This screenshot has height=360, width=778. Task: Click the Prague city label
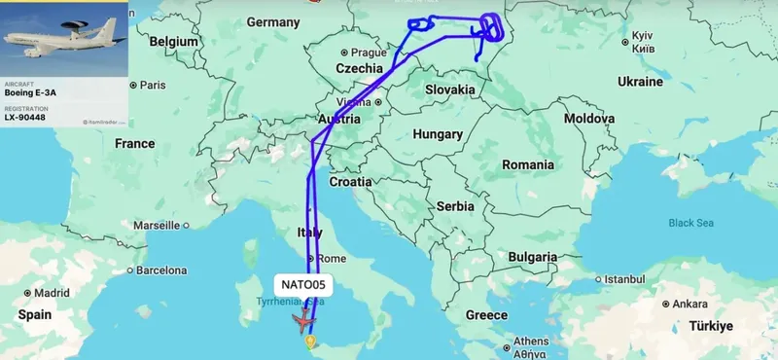(369, 53)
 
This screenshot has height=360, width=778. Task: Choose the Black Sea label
(690, 223)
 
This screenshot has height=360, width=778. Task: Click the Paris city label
(151, 85)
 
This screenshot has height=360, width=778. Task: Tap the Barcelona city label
(161, 270)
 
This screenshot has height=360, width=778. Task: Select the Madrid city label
(52, 292)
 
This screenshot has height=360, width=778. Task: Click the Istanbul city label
(624, 278)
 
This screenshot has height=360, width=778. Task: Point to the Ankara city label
(690, 304)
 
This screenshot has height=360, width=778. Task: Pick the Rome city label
(332, 258)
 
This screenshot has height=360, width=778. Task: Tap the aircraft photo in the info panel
(64, 39)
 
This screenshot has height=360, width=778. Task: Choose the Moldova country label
(589, 118)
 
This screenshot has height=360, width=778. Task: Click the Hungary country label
(437, 133)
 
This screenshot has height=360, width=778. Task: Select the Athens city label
(531, 342)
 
